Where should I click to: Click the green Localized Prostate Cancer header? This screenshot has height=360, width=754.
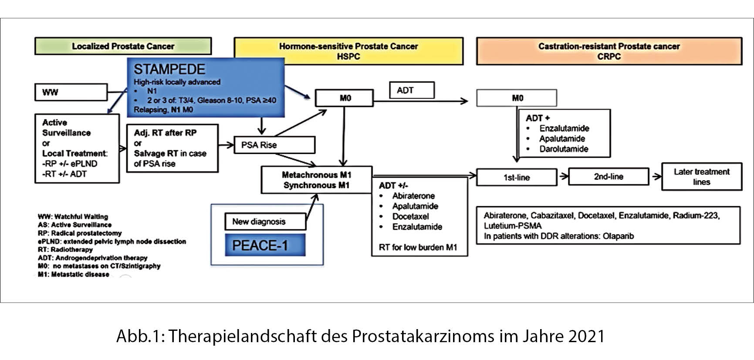point(123,46)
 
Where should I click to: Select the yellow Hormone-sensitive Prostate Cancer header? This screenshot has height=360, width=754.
point(348,51)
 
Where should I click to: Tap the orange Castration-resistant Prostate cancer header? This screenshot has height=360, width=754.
point(609,51)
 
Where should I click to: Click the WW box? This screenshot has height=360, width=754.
point(71,92)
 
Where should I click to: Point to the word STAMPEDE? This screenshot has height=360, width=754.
point(169,69)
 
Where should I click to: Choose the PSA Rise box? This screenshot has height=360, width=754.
point(274,145)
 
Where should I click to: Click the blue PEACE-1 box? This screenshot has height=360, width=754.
point(265,245)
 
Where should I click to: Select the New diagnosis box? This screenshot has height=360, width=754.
point(265,222)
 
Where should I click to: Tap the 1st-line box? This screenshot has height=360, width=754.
point(517,177)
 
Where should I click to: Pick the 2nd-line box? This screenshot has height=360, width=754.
point(608,177)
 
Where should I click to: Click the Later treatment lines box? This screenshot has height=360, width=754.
point(701,177)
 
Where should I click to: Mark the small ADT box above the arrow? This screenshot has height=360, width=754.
point(411,90)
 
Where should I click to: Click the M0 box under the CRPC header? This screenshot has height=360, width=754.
point(517,98)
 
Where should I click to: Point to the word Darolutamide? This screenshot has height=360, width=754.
point(564,149)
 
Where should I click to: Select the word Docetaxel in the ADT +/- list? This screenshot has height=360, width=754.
point(410,216)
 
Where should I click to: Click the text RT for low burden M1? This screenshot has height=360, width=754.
point(418,247)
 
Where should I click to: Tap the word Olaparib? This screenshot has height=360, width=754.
point(618,236)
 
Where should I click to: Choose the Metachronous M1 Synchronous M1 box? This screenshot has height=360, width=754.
point(316,180)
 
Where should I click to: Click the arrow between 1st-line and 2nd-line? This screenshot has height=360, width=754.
point(563,177)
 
